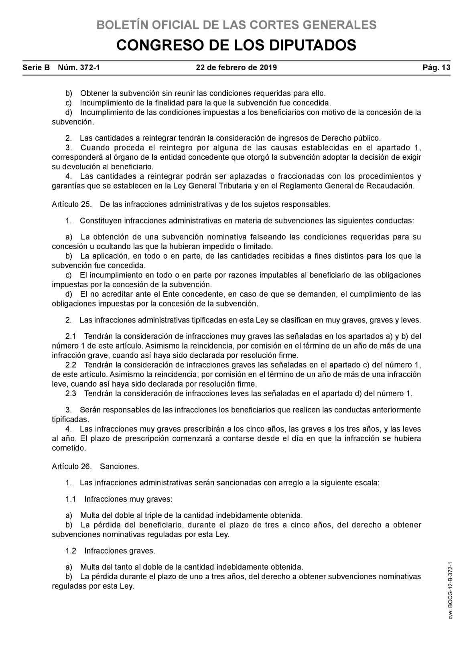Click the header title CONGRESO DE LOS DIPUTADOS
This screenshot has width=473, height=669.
click(236, 45)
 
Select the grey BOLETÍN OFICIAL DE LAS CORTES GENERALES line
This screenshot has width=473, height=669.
click(236, 25)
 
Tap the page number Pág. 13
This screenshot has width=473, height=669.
click(436, 67)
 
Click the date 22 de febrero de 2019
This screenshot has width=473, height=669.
click(236, 67)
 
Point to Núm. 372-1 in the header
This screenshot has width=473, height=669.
click(79, 67)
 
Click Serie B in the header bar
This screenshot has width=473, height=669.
click(36, 67)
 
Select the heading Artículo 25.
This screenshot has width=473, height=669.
click(72, 204)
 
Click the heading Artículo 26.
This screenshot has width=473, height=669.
click(72, 466)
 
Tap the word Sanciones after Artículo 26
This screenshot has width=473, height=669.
click(119, 466)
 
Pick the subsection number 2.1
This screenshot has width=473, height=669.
click(71, 336)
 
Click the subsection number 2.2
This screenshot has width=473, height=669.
click(71, 365)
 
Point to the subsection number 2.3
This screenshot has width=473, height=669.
click(71, 393)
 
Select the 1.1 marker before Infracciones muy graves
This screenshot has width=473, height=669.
click(71, 499)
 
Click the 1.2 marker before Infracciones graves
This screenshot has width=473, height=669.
click(71, 551)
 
